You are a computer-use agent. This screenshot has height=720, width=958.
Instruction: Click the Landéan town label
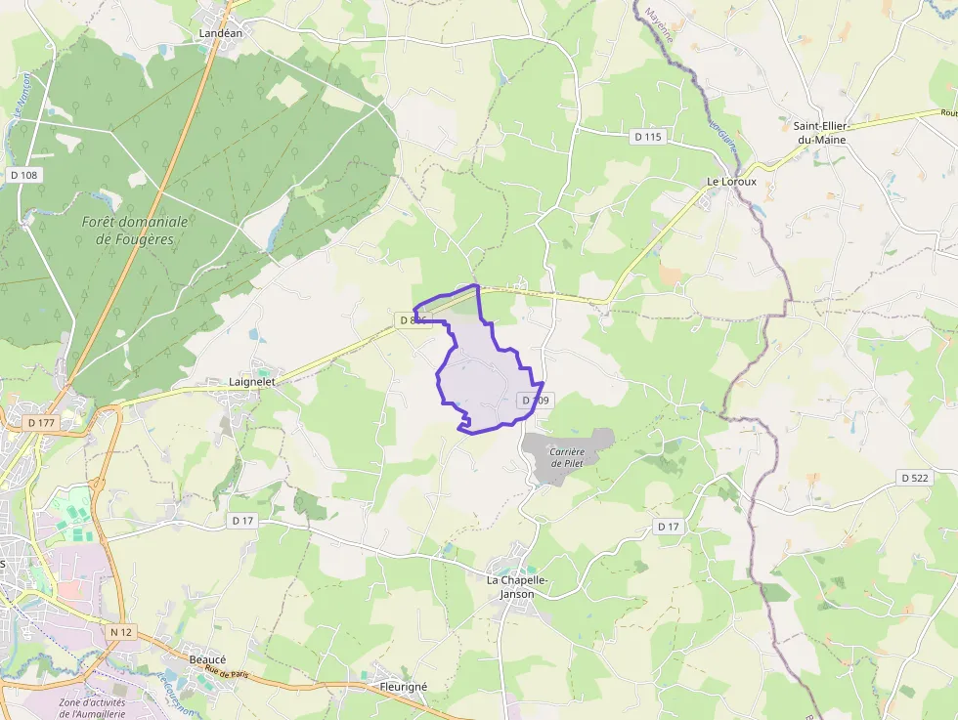(x=220, y=32)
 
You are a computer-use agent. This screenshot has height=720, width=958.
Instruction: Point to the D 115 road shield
(x=648, y=137)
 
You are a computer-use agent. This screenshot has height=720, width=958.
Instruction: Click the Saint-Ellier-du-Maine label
(x=819, y=133)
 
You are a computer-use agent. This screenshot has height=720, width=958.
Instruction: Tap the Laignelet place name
(x=252, y=382)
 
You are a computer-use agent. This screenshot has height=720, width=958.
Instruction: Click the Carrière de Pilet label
(x=567, y=457)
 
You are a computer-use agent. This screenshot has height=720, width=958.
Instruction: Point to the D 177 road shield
(x=41, y=422)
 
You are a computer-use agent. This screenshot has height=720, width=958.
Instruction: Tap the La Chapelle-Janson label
(x=518, y=586)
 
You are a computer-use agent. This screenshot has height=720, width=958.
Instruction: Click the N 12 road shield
(x=121, y=632)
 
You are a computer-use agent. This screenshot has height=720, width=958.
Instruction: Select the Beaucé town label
(x=207, y=659)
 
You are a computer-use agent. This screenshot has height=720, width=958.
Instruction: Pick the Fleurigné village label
(x=403, y=687)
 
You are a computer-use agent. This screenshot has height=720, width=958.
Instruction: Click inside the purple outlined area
(x=479, y=376)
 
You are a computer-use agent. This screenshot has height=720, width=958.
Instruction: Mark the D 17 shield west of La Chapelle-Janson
(x=242, y=521)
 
